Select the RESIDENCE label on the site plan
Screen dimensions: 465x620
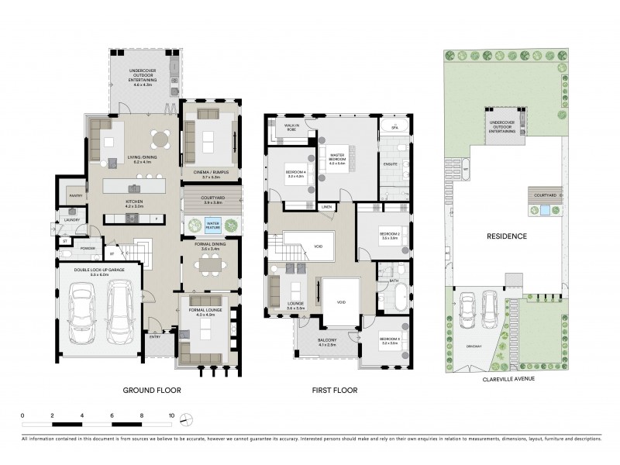507,236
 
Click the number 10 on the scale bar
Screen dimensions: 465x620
171,416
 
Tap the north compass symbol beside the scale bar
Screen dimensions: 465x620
186,419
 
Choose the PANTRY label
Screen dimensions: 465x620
75,196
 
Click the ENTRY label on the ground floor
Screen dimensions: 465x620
156,336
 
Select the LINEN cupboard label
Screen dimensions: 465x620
328,207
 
